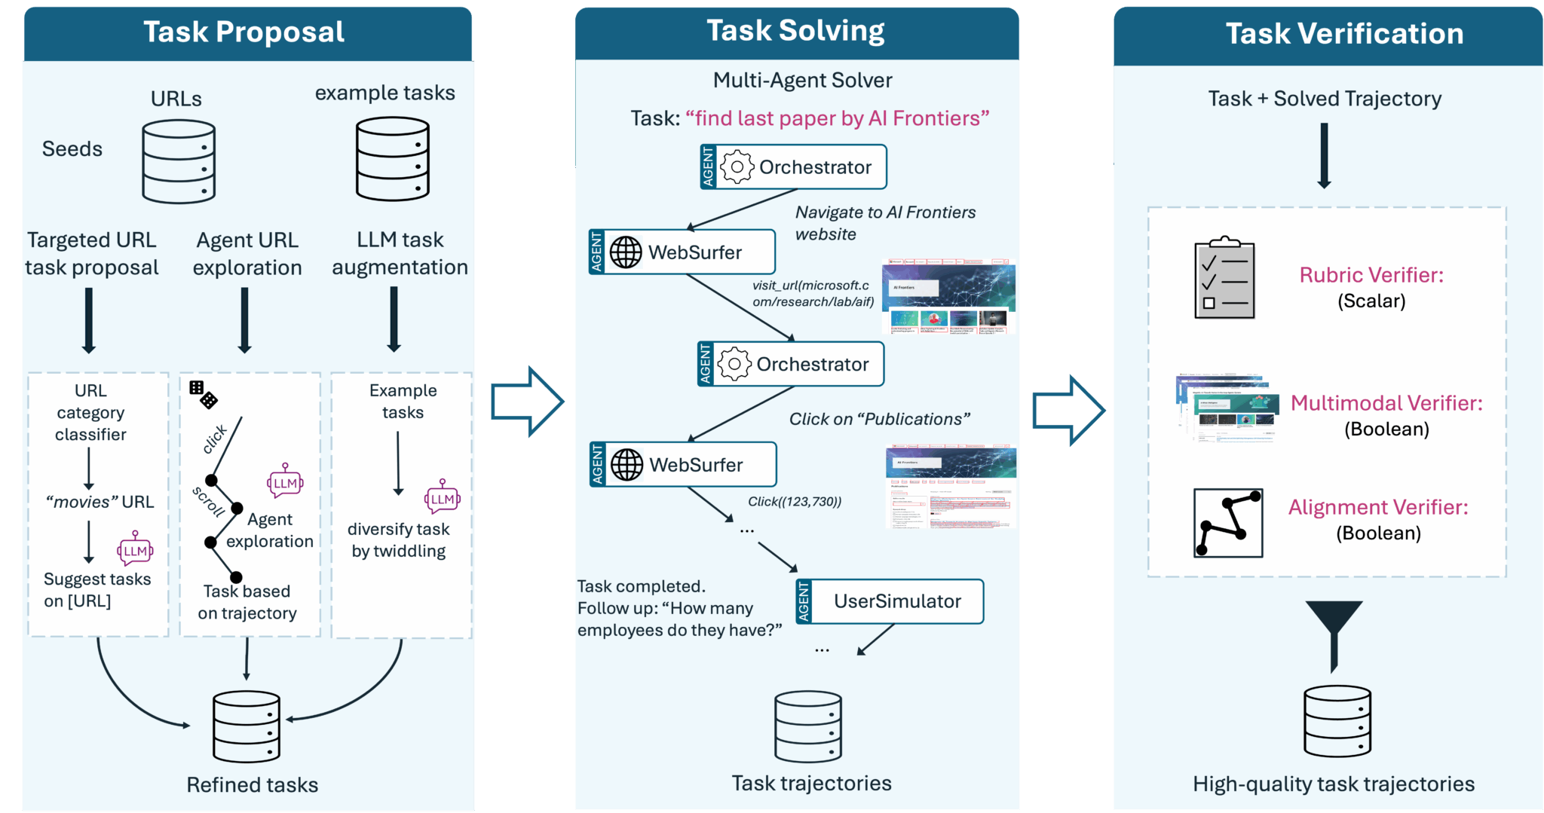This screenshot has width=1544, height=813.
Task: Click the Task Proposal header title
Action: [244, 32]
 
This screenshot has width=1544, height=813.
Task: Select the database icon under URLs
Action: [179, 162]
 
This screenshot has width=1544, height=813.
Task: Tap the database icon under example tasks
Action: [393, 159]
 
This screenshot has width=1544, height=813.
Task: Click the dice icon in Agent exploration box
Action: [203, 394]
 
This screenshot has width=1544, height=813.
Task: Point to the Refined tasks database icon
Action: [247, 726]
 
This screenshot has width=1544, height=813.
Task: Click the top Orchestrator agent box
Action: [793, 167]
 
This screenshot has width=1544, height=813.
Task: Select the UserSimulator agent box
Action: [890, 601]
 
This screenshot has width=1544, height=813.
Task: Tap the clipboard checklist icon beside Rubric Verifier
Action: [1224, 278]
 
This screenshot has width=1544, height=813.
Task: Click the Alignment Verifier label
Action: [1377, 507]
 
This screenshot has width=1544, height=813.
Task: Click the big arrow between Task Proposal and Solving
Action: [527, 402]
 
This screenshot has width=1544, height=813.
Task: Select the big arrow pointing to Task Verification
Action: [1068, 411]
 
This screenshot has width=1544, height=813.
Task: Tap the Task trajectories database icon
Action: [808, 726]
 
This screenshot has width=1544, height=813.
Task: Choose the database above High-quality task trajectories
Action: [1337, 721]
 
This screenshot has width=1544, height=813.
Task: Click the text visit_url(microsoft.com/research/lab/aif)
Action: [812, 294]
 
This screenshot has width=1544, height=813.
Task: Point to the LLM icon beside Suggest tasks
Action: [135, 549]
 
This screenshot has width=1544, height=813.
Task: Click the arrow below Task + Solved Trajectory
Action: [1324, 156]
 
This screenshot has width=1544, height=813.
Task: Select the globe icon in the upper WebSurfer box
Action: [626, 252]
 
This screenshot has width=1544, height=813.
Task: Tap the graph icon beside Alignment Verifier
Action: [1228, 522]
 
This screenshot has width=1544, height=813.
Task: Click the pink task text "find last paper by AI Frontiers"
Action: [837, 118]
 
